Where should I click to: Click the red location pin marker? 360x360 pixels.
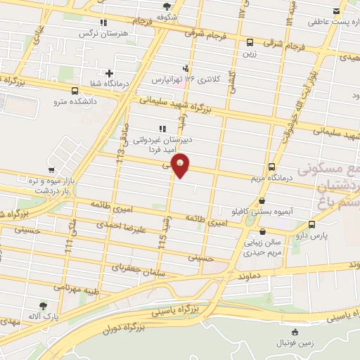181,166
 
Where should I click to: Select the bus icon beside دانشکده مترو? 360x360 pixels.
75,91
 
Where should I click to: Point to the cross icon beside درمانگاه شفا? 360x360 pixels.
109,72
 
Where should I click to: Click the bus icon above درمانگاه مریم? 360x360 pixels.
272,167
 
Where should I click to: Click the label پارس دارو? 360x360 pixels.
311,238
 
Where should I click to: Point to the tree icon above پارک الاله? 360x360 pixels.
44,306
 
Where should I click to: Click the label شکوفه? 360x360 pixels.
166,16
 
